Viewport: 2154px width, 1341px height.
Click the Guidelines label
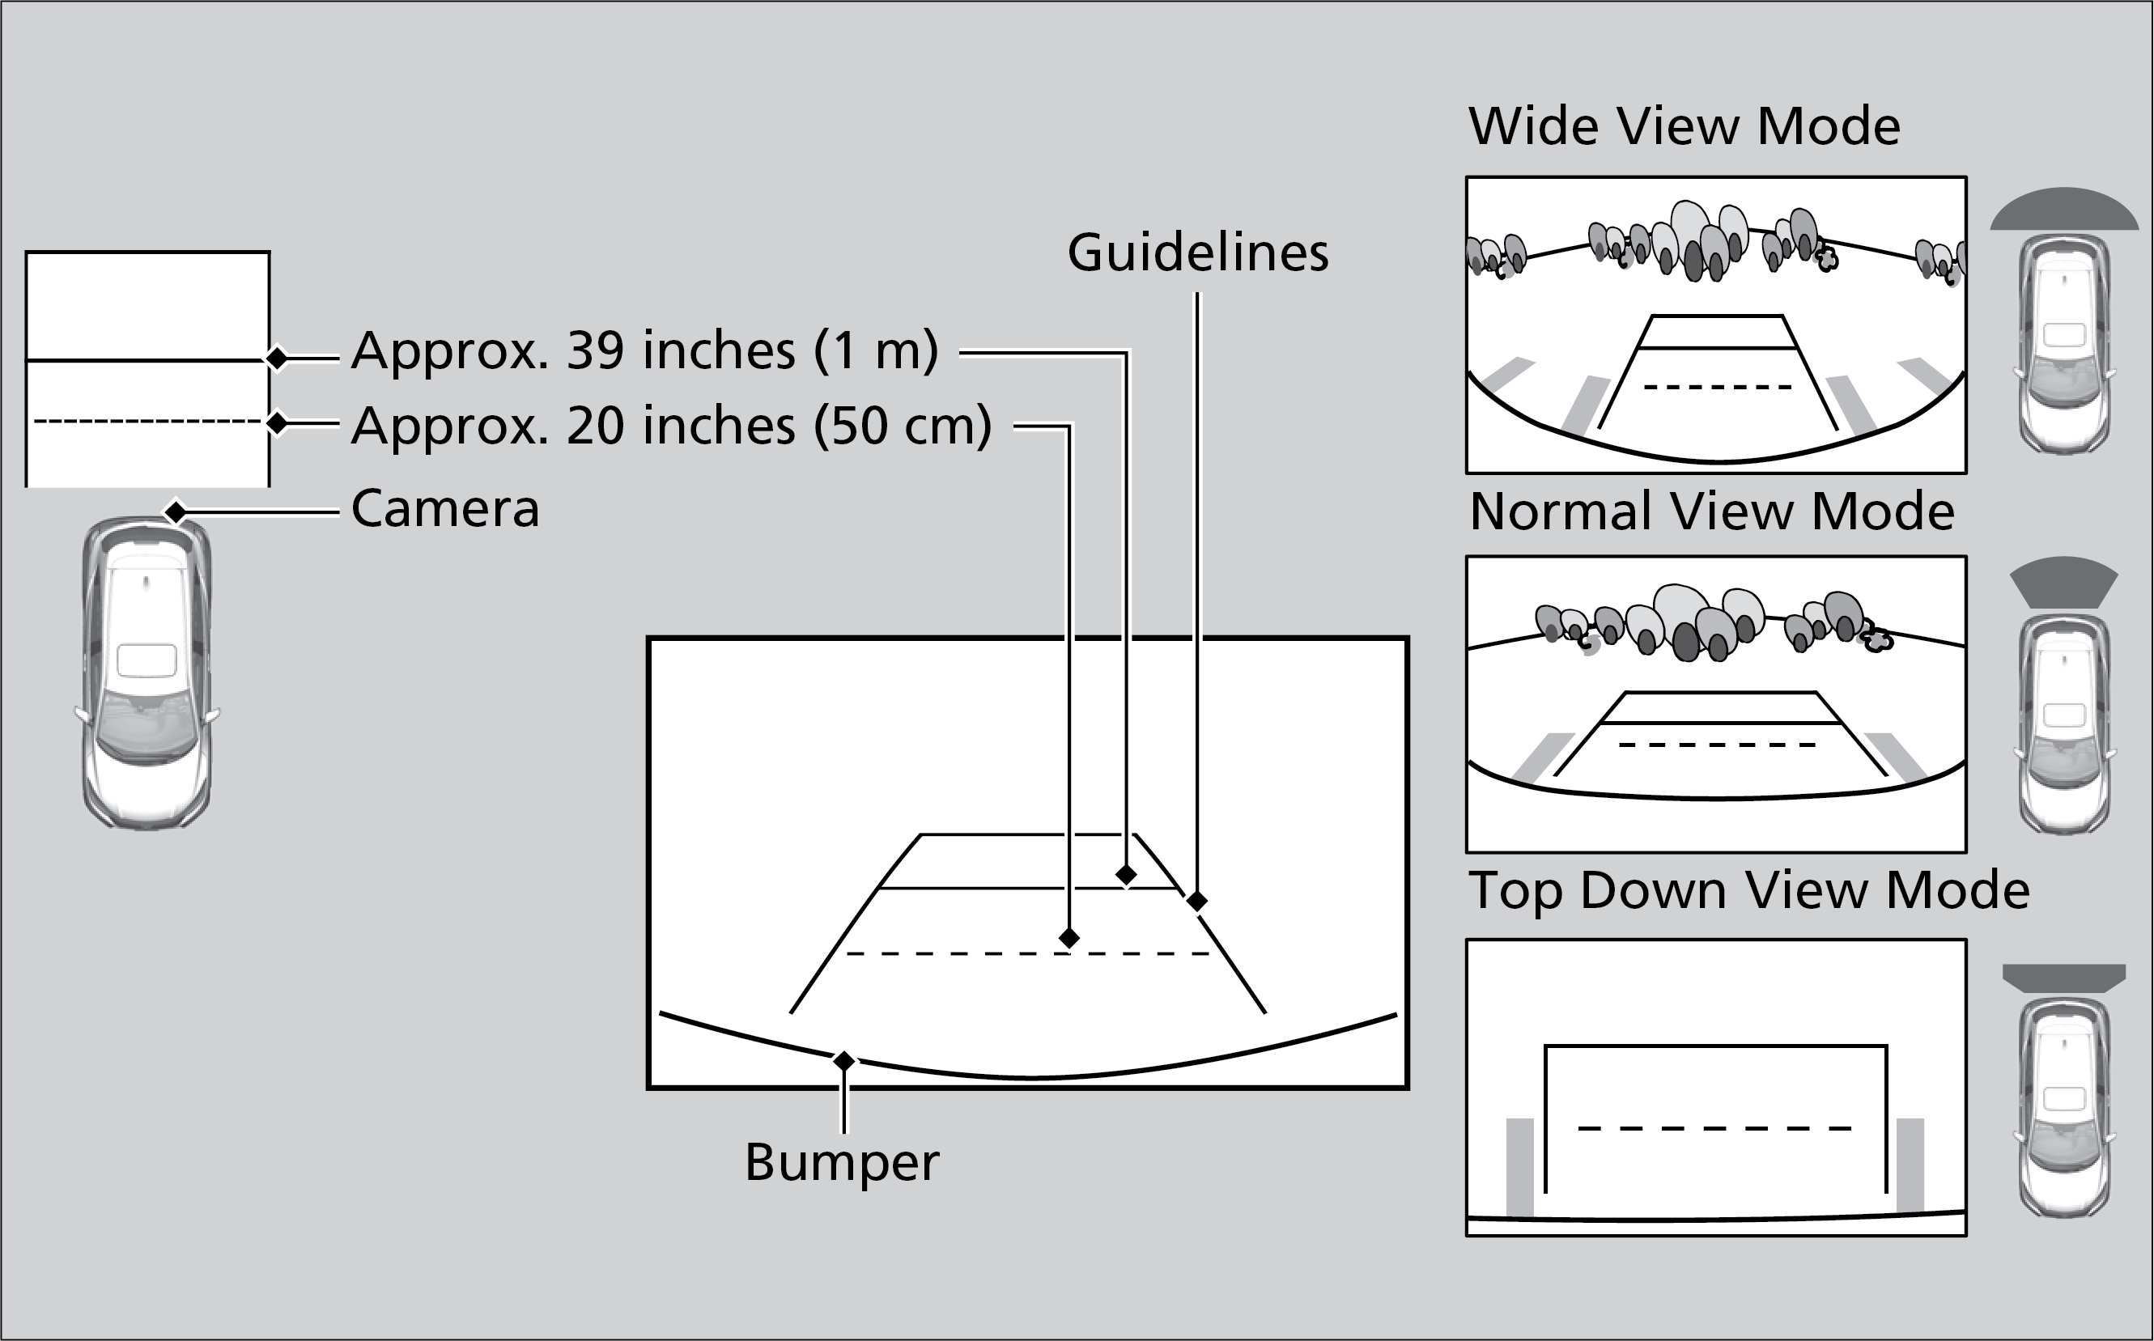coord(1198,252)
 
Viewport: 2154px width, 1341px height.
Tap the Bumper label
coord(841,1162)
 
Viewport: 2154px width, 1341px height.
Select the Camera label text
coord(445,508)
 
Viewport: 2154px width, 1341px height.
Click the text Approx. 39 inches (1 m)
coord(645,350)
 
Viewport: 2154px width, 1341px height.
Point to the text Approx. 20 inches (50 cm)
coord(672,426)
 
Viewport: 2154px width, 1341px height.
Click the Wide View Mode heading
coord(1684,126)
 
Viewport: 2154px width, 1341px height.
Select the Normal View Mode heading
coord(1711,511)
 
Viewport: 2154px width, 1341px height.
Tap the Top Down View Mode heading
coord(1748,890)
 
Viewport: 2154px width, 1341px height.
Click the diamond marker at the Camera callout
coord(176,511)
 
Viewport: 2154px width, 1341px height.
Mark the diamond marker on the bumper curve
coord(843,1061)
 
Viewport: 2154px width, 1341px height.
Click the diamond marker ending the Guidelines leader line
coord(1196,901)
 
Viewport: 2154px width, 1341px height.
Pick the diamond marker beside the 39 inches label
coord(277,359)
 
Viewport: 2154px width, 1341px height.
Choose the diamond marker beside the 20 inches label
coord(277,423)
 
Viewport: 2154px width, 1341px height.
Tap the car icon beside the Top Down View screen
coord(2063,1107)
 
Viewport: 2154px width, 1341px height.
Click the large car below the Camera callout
coord(147,674)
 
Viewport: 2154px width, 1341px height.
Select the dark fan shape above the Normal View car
coord(2063,582)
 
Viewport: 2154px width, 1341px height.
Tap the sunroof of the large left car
coord(147,660)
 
